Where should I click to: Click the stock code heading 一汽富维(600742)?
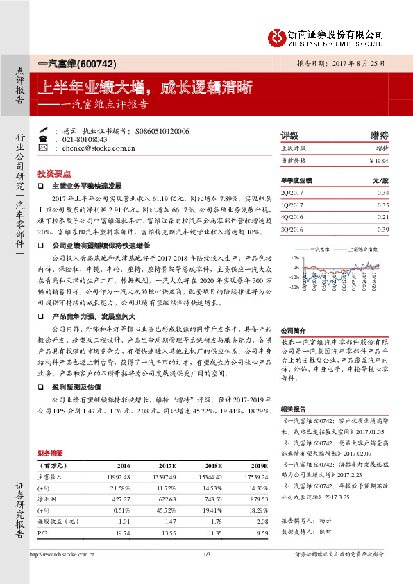tap(75, 63)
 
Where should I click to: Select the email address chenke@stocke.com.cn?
tap(91, 148)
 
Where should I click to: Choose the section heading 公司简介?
tap(292, 331)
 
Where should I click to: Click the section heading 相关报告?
tap(292, 409)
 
